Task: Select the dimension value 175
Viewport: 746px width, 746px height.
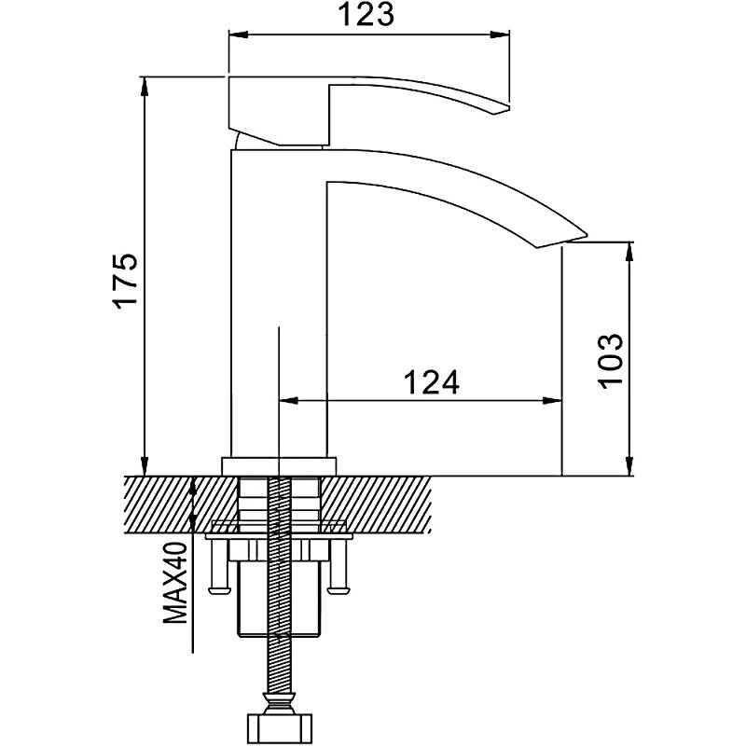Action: [127, 279]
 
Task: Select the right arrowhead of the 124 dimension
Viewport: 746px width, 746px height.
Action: [557, 402]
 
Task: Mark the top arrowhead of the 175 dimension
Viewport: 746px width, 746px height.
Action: [145, 84]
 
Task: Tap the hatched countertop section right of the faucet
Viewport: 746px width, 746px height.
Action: [392, 504]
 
